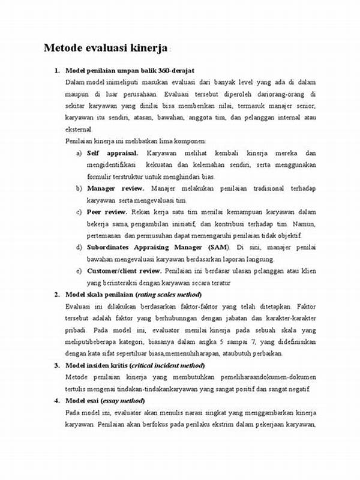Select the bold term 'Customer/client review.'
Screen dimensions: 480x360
click(127, 271)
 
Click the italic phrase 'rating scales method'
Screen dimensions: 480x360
click(169, 295)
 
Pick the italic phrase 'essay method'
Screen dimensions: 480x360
click(126, 401)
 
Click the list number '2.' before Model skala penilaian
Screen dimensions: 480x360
click(56, 295)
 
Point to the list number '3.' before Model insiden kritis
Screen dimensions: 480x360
click(56, 365)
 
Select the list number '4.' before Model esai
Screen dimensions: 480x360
click(56, 401)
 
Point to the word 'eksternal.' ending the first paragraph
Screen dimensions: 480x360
click(79, 129)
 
